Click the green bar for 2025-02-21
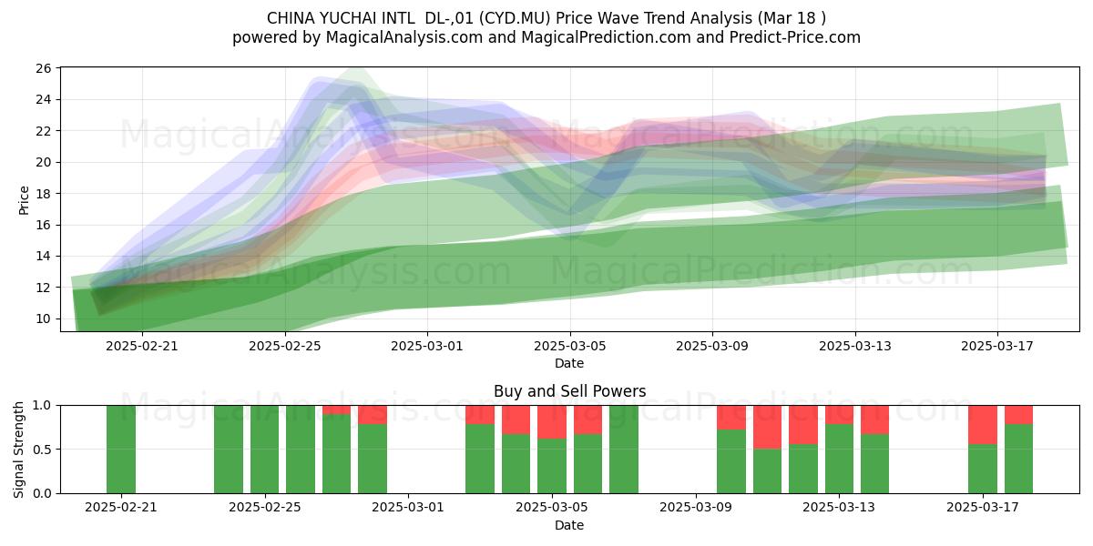pyautogui.click(x=121, y=449)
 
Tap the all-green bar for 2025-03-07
pyautogui.click(x=624, y=449)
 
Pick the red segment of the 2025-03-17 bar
pyautogui.click(x=983, y=425)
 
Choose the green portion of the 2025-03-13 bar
pyautogui.click(x=839, y=459)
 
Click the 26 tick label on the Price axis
pyautogui.click(x=44, y=68)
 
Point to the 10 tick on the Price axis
pyautogui.click(x=44, y=318)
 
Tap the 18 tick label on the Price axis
pyautogui.click(x=44, y=194)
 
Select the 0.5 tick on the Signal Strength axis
pyautogui.click(x=42, y=450)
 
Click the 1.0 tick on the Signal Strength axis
pyautogui.click(x=42, y=406)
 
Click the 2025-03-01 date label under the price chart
pyautogui.click(x=427, y=346)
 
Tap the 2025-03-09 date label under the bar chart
pyautogui.click(x=696, y=508)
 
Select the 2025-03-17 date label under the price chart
pyautogui.click(x=997, y=346)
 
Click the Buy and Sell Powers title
pyautogui.click(x=569, y=391)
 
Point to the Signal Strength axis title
pyautogui.click(x=18, y=450)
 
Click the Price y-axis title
pyautogui.click(x=24, y=200)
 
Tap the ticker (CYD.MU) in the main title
pyautogui.click(x=515, y=18)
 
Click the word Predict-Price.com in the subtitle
pyautogui.click(x=795, y=37)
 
